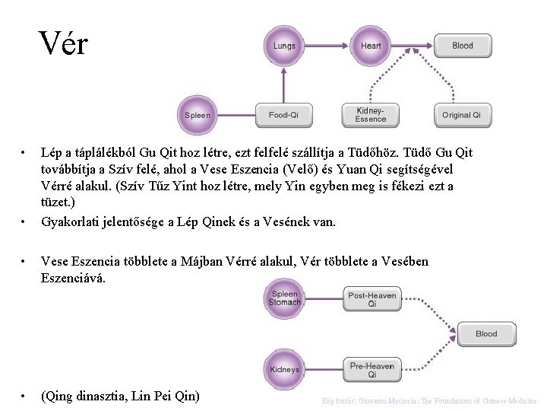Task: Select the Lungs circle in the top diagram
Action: pyautogui.click(x=284, y=46)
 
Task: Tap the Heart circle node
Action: pyautogui.click(x=371, y=46)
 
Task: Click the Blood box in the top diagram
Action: pyautogui.click(x=462, y=46)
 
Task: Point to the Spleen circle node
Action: pyautogui.click(x=198, y=116)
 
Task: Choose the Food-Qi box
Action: pyautogui.click(x=283, y=116)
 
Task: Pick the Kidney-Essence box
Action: pyautogui.click(x=371, y=115)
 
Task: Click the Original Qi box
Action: pyautogui.click(x=461, y=116)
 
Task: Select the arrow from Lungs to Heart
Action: pyautogui.click(x=327, y=46)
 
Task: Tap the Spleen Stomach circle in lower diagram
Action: pyautogui.click(x=284, y=299)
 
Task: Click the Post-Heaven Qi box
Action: pyautogui.click(x=372, y=299)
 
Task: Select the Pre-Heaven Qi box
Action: pyautogui.click(x=372, y=370)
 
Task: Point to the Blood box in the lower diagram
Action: pyautogui.click(x=486, y=334)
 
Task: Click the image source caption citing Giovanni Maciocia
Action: pyautogui.click(x=429, y=400)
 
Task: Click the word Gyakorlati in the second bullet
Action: pyautogui.click(x=69, y=222)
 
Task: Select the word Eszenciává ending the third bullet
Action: pyautogui.click(x=74, y=278)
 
